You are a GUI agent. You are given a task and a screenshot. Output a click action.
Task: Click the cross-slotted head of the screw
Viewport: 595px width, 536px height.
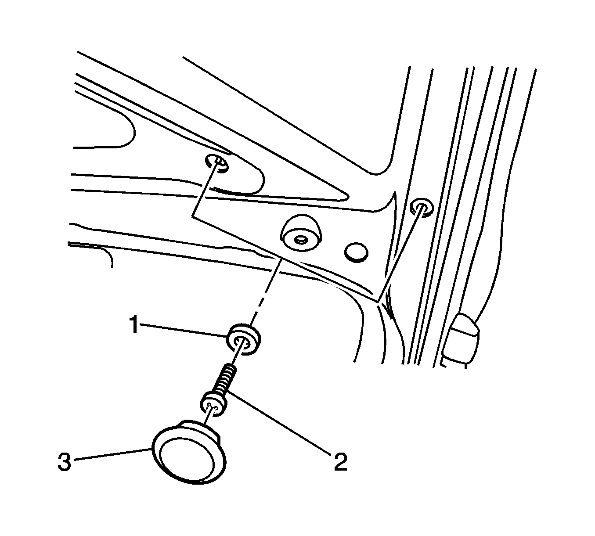pos(214,404)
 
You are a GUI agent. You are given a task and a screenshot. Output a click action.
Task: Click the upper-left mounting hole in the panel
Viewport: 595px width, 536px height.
pos(217,163)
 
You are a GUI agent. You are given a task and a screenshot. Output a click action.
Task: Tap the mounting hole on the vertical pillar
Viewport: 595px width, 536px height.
pos(422,207)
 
